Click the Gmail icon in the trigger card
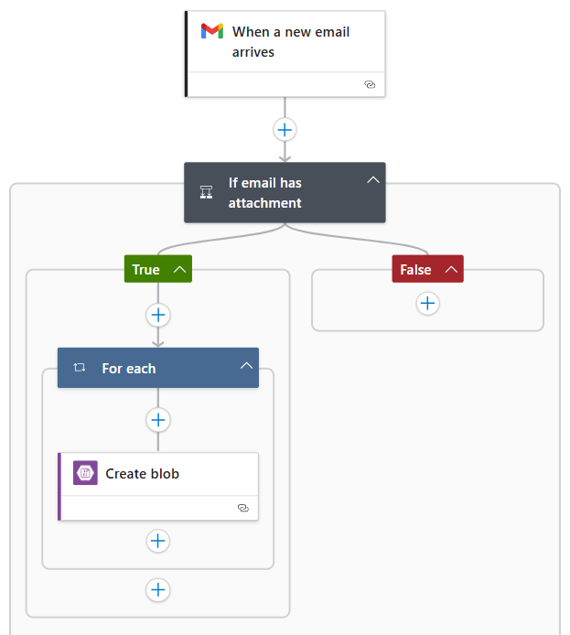click(x=212, y=31)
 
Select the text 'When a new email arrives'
click(x=290, y=42)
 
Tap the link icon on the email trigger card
click(x=370, y=83)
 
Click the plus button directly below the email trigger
click(x=285, y=129)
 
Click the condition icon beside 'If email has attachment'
click(x=207, y=192)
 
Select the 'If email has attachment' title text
click(x=265, y=192)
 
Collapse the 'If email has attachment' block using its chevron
click(x=372, y=180)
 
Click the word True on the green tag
click(x=146, y=269)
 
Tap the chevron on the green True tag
click(x=179, y=269)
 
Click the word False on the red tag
click(x=415, y=269)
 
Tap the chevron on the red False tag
click(x=450, y=269)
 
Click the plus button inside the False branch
click(x=427, y=304)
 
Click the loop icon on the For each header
click(x=80, y=368)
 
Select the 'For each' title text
click(x=129, y=368)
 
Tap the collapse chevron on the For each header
click(x=245, y=366)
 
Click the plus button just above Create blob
click(x=158, y=419)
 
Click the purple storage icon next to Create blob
click(x=85, y=473)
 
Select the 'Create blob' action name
click(x=143, y=474)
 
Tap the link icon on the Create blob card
click(x=242, y=507)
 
